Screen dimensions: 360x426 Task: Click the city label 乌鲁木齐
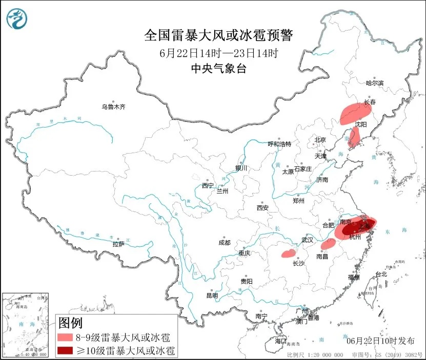coord(113,107)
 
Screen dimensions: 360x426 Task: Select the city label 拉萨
coord(118,244)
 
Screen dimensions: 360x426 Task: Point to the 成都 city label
coord(224,242)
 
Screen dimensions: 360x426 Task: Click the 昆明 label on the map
coord(212,295)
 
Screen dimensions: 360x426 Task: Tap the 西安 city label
coord(262,208)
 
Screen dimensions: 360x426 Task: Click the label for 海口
coord(280,341)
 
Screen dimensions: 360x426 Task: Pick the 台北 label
coord(381,274)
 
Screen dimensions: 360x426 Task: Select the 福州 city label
coord(353,277)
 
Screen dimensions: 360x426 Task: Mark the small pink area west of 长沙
coord(288,252)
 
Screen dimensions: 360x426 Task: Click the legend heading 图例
coord(70,323)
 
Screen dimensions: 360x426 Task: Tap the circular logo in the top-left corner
coord(16,19)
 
